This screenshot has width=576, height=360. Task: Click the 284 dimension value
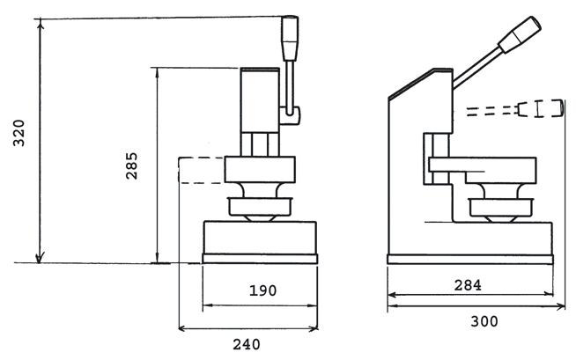468,285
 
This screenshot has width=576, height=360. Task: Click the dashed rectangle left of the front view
201,171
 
